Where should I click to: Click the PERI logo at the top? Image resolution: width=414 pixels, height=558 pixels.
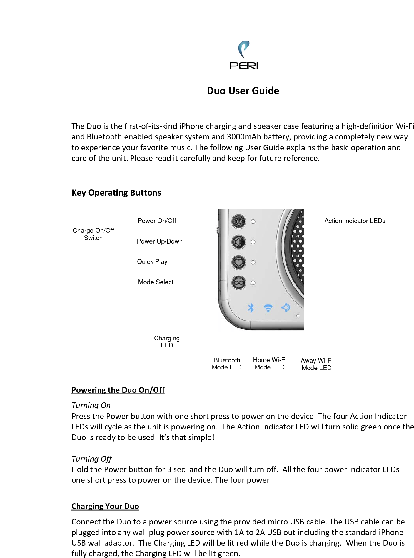coord(244,55)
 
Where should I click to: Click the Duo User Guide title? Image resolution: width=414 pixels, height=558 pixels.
coord(243,91)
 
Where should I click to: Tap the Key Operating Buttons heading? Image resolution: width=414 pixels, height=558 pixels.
coord(116,193)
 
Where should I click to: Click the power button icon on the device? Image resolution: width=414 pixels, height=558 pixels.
coord(238,221)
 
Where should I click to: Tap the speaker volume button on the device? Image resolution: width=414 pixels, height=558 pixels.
coord(238,242)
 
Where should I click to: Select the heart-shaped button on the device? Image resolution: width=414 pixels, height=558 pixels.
coord(238,262)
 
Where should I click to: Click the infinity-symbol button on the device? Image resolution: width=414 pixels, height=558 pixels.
coord(238,283)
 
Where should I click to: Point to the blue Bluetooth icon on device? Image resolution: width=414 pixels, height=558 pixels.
coord(251,308)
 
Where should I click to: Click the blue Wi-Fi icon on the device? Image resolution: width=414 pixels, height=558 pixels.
coord(268,308)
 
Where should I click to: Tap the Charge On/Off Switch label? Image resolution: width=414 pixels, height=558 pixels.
coord(93,234)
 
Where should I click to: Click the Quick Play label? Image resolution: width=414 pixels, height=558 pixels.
coord(152,262)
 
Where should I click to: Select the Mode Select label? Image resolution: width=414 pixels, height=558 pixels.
coord(156,282)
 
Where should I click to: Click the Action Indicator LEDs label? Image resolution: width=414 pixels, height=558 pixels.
coord(355,221)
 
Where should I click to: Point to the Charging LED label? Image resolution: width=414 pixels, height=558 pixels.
coord(167,342)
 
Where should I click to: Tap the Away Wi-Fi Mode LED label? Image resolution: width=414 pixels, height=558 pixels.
coord(317,364)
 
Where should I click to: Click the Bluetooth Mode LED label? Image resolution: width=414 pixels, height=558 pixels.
coord(227,364)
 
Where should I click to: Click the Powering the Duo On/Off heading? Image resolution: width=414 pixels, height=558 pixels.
coord(118,390)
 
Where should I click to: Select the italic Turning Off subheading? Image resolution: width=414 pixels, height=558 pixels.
coord(91,459)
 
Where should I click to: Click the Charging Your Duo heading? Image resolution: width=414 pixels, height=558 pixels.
coord(105,506)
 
